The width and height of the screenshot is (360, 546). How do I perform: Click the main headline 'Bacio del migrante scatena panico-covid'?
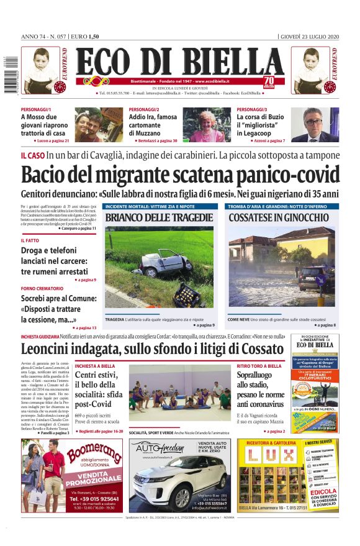click(180, 175)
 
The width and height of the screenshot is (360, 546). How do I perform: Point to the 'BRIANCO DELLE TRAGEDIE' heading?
click(158, 217)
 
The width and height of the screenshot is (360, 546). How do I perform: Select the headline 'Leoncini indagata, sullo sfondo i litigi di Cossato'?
click(153, 349)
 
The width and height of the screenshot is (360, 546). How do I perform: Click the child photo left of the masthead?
click(38, 69)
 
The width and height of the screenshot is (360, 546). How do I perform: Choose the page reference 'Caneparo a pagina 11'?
click(76, 229)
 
